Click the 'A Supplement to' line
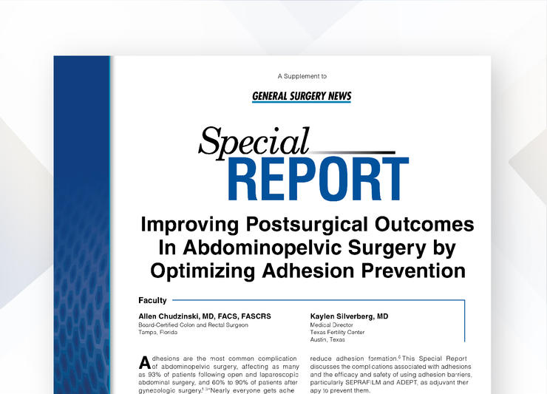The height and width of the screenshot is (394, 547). (x=302, y=76)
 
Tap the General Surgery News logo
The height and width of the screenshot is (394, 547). (x=302, y=96)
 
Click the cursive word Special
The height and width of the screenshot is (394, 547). (x=254, y=143)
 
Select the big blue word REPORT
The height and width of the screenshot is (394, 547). (x=318, y=179)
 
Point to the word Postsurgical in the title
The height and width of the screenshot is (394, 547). (x=307, y=225)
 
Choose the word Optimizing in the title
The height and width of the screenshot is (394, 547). (x=203, y=271)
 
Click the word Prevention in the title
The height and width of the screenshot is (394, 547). (x=413, y=271)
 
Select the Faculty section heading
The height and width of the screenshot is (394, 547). (x=152, y=300)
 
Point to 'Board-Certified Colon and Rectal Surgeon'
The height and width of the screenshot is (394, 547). (x=193, y=325)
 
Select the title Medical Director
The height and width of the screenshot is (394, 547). (x=331, y=325)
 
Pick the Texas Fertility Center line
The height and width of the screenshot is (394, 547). (x=337, y=332)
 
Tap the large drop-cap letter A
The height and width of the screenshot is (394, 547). (x=144, y=363)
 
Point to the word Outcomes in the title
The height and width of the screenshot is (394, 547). (x=424, y=225)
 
